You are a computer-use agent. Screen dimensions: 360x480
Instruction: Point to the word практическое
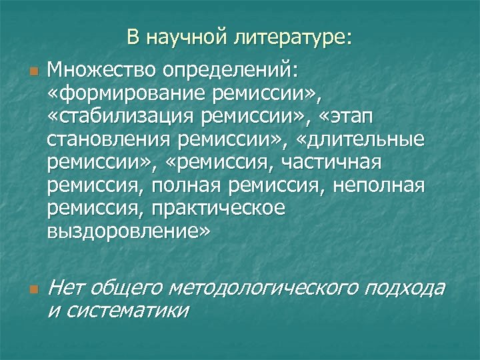pos(219,208)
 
